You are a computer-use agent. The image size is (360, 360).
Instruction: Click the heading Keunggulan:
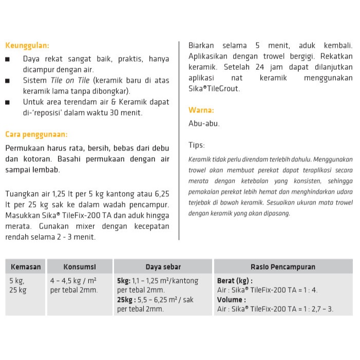pyautogui.click(x=27, y=45)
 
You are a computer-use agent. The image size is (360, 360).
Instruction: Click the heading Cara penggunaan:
pyautogui.click(x=36, y=135)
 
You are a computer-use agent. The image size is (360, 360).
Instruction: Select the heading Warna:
pyautogui.click(x=201, y=110)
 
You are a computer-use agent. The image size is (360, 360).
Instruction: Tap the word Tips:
pyautogui.click(x=197, y=145)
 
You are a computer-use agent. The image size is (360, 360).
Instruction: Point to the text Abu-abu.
pyautogui.click(x=204, y=123)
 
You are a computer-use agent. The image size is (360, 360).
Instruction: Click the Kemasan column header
pyautogui.click(x=25, y=267)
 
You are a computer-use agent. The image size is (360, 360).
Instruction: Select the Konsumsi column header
pyautogui.click(x=80, y=267)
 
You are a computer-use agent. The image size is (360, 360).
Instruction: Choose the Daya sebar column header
pyautogui.click(x=163, y=267)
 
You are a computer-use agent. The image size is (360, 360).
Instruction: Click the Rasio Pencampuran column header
pyautogui.click(x=283, y=267)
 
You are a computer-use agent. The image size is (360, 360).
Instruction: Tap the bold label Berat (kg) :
pyautogui.click(x=235, y=281)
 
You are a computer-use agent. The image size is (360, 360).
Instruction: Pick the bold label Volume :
pyautogui.click(x=231, y=299)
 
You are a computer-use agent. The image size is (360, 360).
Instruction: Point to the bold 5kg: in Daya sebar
pyautogui.click(x=124, y=281)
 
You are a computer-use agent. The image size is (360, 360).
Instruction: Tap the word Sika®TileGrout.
pyautogui.click(x=214, y=88)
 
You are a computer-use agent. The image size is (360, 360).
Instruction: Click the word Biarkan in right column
pyautogui.click(x=201, y=45)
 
